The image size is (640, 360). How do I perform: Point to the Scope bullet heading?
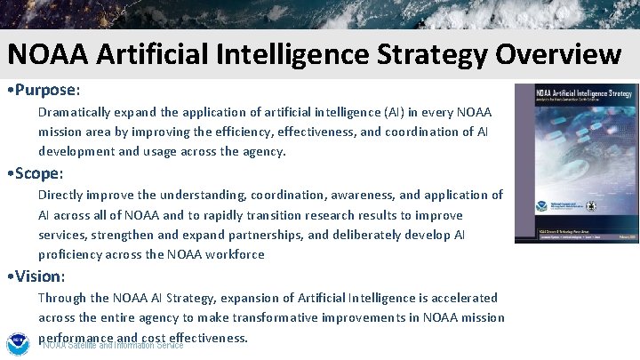pyautogui.click(x=39, y=173)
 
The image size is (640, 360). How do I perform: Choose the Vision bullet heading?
pyautogui.click(x=39, y=276)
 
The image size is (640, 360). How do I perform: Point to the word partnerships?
pyautogui.click(x=271, y=235)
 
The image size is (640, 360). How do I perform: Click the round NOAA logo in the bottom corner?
pyautogui.click(x=17, y=342)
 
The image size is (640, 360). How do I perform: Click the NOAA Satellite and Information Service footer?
pyautogui.click(x=113, y=346)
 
